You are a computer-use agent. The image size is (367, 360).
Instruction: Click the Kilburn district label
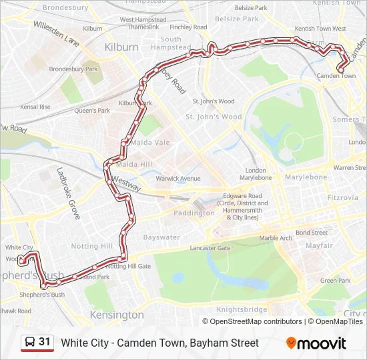click(x=121, y=47)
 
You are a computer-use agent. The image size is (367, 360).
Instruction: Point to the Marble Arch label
click(x=276, y=238)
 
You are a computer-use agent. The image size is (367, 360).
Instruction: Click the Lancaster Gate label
click(x=210, y=248)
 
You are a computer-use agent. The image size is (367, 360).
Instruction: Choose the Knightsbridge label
click(x=242, y=309)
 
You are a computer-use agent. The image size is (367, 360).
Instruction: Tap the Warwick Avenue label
click(x=177, y=179)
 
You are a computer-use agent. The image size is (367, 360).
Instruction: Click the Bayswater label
click(x=161, y=237)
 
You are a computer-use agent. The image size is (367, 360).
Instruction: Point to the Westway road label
click(x=126, y=184)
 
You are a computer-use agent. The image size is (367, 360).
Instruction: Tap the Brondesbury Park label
click(x=73, y=69)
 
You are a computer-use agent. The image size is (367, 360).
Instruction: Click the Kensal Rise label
click(x=35, y=107)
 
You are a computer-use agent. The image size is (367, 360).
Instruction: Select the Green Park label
click(x=335, y=281)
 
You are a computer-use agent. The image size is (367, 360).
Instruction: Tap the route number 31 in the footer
click(x=45, y=342)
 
